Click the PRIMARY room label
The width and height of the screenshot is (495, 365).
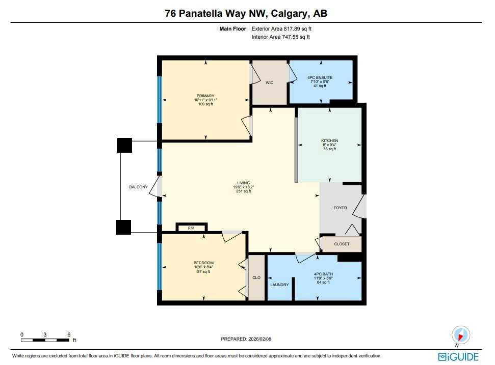[x=205, y=96]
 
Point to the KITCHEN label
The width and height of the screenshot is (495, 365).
[x=329, y=141]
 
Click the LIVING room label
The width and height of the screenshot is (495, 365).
[x=242, y=183]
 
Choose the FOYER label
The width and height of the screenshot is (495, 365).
[x=340, y=208]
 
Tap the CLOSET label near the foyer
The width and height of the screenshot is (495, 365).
[x=342, y=244]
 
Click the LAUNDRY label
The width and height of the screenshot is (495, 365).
[x=279, y=285]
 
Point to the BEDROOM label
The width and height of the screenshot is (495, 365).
[x=203, y=263]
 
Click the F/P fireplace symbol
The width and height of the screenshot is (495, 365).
[x=191, y=228]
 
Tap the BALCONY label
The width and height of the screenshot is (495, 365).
[x=138, y=187]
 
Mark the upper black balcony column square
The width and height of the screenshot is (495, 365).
[x=124, y=146]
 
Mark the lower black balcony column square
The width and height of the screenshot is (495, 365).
[x=124, y=227]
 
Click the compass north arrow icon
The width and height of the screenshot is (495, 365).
[x=461, y=336]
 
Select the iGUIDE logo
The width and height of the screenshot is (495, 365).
[x=458, y=356]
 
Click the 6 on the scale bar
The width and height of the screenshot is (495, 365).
[x=69, y=334]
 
